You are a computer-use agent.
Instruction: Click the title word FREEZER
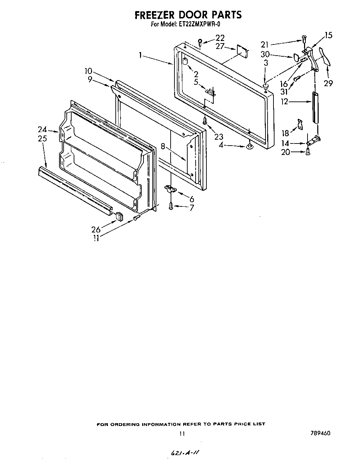point(155,15)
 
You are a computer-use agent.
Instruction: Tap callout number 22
point(220,38)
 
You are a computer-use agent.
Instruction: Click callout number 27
point(220,46)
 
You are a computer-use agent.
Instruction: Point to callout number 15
point(328,35)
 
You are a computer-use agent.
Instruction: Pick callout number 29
point(328,83)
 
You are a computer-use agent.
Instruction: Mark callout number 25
point(42,139)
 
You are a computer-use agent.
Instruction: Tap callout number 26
point(96,229)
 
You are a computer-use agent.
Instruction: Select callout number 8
point(163,146)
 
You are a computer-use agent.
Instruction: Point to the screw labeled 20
point(308,151)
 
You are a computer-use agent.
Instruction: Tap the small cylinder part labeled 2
point(185,62)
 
